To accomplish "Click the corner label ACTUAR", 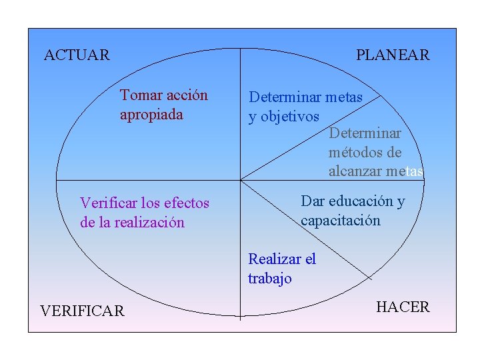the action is pyautogui.click(x=77, y=55).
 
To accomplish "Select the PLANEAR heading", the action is pyautogui.click(x=393, y=55).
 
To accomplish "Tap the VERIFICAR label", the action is pyautogui.click(x=82, y=311).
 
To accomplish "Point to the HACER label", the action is pyautogui.click(x=403, y=307).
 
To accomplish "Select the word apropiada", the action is pyautogui.click(x=151, y=115).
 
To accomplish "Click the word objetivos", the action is pyautogui.click(x=290, y=117).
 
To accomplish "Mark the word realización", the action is pyautogui.click(x=149, y=223).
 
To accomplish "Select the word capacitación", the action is pyautogui.click(x=341, y=221).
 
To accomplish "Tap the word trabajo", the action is pyautogui.click(x=270, y=279).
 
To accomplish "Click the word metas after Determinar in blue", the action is pyautogui.click(x=344, y=97).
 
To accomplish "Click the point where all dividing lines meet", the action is pyautogui.click(x=240, y=179).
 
